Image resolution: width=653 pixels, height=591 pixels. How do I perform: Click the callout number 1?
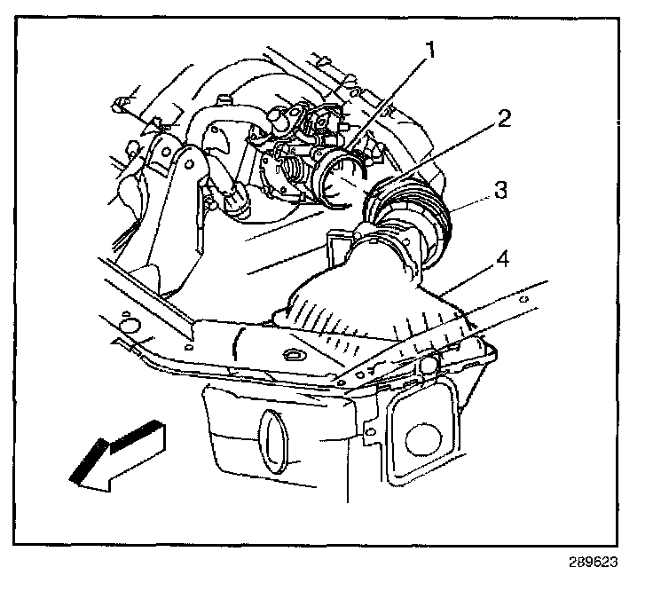click(x=432, y=51)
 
